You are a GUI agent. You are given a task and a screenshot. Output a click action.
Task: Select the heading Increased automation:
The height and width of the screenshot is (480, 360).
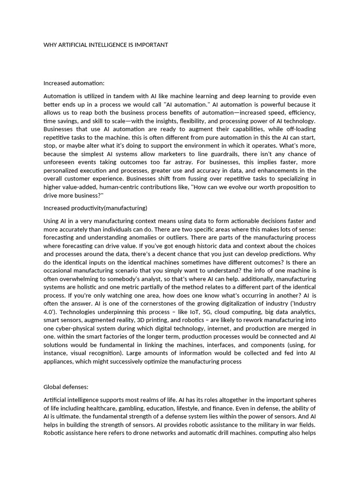(x=73, y=83)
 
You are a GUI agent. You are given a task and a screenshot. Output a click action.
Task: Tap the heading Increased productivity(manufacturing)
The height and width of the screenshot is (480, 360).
(x=95, y=208)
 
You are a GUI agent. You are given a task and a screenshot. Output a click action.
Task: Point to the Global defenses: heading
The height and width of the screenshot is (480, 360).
(x=66, y=374)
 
